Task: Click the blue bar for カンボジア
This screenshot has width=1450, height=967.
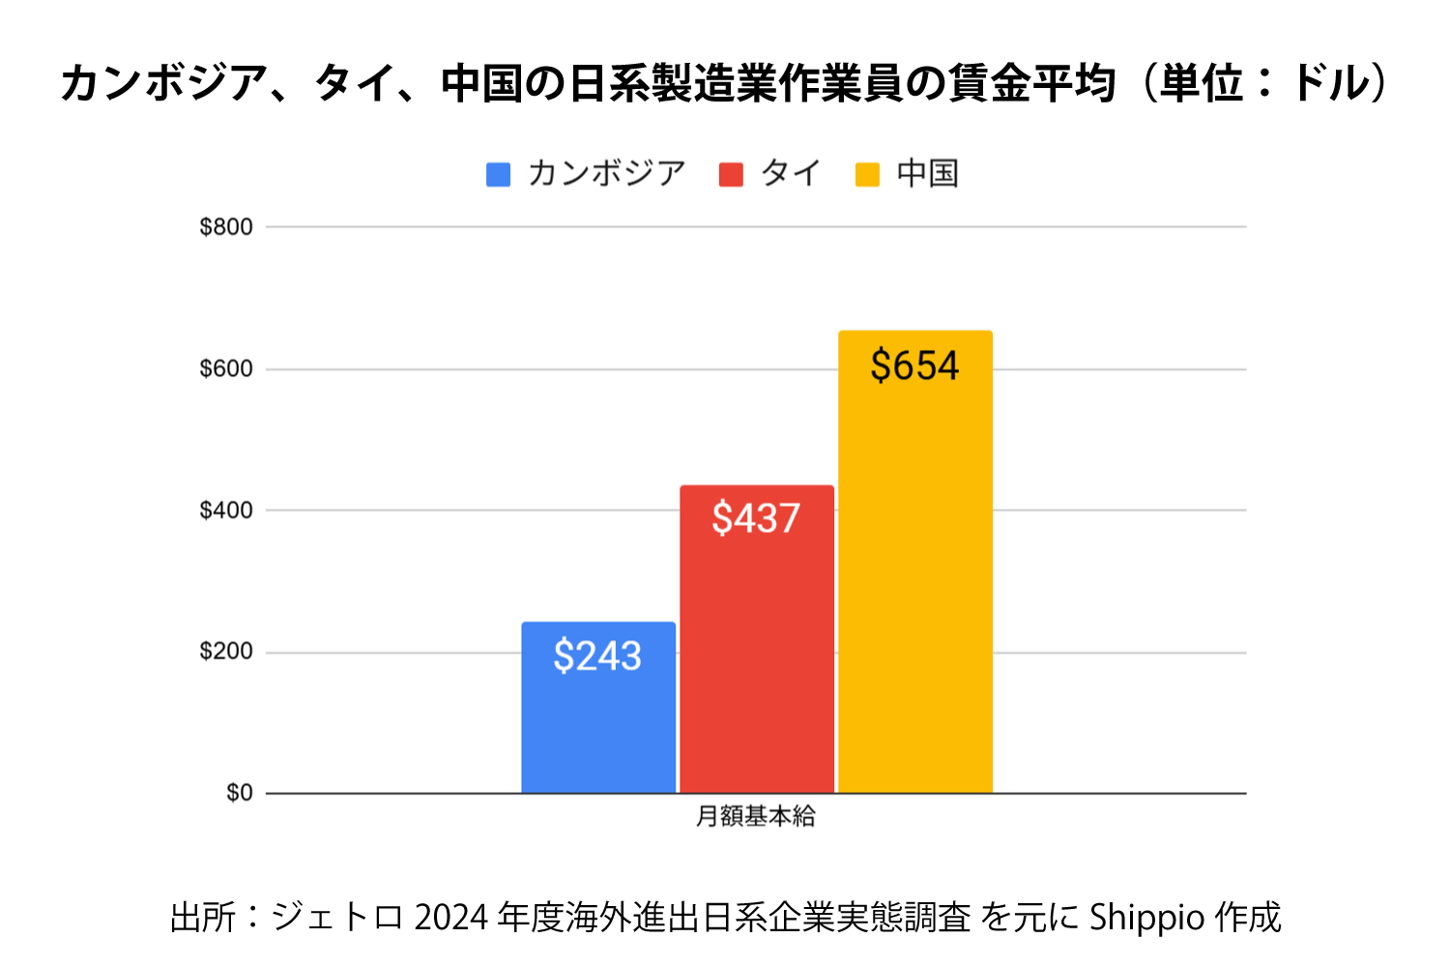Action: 598,725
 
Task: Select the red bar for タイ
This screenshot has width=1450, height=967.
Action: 757,658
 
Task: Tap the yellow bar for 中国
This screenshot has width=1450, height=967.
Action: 915,580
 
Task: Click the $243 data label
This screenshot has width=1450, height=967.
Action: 597,657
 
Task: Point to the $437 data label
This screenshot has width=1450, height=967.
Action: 756,519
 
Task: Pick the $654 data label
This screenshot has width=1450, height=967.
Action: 914,366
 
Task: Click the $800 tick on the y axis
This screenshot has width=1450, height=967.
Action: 226,227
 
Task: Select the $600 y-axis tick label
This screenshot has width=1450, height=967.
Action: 226,369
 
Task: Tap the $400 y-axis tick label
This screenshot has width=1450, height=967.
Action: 226,511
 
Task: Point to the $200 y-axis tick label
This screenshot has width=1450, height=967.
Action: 226,652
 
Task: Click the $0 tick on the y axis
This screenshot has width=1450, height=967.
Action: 239,793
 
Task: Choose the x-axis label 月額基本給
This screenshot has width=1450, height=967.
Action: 756,817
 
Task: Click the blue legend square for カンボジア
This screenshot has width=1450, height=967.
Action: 498,174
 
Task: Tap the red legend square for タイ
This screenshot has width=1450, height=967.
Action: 731,174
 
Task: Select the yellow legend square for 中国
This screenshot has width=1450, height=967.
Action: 867,174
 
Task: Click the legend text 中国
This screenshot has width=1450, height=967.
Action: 927,174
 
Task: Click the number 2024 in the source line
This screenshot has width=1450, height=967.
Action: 451,918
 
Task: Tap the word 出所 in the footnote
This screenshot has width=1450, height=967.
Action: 203,918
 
